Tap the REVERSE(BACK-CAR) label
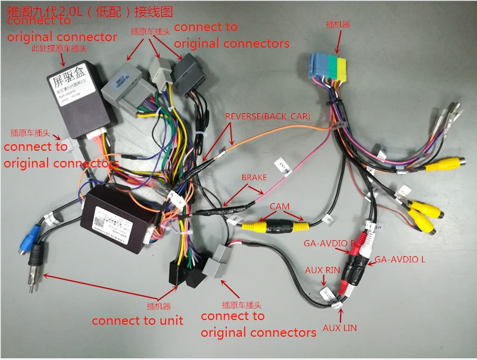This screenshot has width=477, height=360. [267, 115]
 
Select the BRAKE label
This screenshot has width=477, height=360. [254, 177]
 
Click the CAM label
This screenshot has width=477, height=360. [279, 206]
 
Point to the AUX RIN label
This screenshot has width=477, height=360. [322, 270]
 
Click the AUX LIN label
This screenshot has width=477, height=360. [340, 327]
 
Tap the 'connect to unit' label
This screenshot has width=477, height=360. [138, 321]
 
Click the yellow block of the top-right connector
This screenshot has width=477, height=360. [341, 68]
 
